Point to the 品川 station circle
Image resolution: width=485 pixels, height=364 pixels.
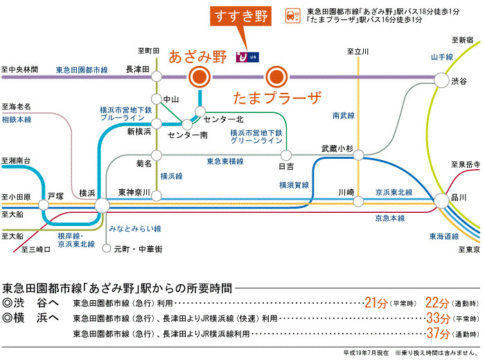coord(441,202)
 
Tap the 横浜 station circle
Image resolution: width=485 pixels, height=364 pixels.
coord(102,205)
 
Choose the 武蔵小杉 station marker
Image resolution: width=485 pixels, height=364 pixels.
coord(358,155)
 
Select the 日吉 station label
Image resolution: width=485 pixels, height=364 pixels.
coord(286,166)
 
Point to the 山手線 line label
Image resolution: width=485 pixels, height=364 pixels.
coord(441,57)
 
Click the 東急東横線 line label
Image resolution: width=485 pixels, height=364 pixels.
coord(225,161)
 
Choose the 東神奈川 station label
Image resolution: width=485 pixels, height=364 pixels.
coord(134,192)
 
